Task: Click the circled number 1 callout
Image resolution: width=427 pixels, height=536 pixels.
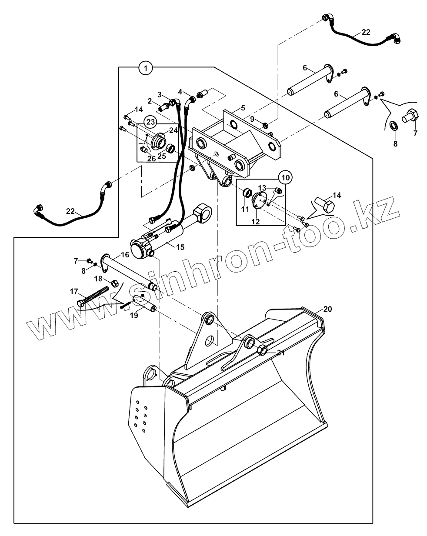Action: coord(146,67)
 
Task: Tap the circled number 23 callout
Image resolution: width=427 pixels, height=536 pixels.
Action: coord(150,122)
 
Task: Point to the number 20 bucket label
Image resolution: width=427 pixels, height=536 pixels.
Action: coord(327,309)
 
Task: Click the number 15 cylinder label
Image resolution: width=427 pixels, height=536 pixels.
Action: coord(180,247)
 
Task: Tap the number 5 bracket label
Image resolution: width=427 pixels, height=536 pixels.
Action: coord(243,107)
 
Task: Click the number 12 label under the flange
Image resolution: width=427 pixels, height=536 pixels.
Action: coord(255,221)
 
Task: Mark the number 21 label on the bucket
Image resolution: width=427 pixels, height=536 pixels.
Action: coord(281,353)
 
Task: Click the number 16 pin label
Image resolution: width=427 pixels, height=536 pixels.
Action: coord(125,254)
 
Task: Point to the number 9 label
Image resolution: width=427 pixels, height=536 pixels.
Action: coord(252,118)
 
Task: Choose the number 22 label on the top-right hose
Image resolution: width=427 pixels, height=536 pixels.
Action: coord(366,32)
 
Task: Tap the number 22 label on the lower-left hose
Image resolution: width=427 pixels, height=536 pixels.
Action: coord(70,211)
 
